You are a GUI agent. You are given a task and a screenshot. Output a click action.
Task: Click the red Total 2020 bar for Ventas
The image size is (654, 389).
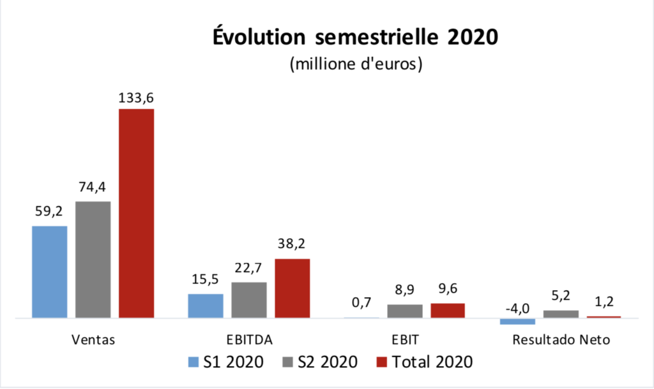pos(136,213)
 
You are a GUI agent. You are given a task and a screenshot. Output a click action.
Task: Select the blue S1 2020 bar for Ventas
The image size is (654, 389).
pos(49,272)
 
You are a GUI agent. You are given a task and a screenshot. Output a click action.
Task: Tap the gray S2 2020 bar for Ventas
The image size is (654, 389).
pos(93,260)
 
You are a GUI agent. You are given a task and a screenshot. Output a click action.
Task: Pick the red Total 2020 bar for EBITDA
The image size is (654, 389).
pos(292,288)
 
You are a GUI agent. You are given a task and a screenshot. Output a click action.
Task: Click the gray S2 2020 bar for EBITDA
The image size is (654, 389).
pos(248,300)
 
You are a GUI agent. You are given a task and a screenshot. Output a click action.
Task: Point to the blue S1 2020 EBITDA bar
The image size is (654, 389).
pos(205,305)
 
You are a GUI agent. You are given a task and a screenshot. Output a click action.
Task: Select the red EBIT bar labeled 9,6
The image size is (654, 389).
pos(447,311)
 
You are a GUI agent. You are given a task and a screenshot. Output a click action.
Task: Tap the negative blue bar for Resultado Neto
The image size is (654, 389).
pos(517,321)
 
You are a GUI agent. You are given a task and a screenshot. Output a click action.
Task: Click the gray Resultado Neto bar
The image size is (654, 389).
pos(560,314)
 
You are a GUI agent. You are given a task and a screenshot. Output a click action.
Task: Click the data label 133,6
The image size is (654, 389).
pos(136,98)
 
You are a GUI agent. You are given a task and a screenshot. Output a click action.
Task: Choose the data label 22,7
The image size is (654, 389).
pos(248,271)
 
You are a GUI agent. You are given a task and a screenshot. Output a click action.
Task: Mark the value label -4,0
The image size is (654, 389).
pos(517,309)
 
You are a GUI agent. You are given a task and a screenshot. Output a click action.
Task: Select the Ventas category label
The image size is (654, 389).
pos(93,339)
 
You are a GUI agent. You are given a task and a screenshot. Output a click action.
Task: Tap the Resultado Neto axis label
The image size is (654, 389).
pos(561,339)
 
